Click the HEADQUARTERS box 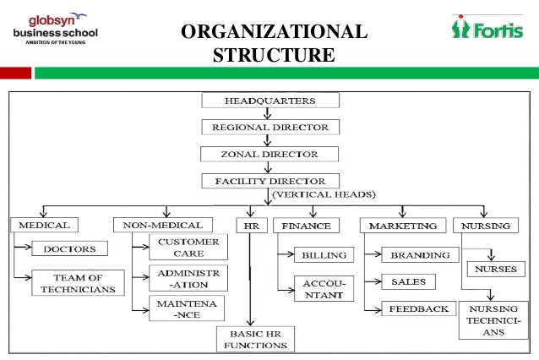click(269, 101)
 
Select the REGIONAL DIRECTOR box click(269, 128)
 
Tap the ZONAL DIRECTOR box click(269, 155)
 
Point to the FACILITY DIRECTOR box click(269, 181)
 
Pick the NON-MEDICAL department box click(162, 225)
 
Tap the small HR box click(249, 225)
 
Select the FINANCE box click(308, 226)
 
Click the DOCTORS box click(71, 249)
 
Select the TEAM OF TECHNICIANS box click(78, 283)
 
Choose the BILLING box click(318, 254)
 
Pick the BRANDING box click(421, 254)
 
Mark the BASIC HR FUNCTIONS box click(253, 338)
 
